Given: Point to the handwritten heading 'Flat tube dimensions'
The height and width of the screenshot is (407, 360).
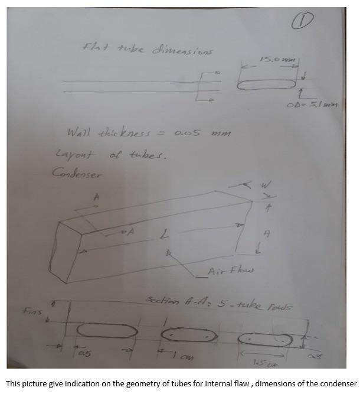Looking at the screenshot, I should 148,50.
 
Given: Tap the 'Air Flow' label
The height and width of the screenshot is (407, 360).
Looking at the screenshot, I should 230,271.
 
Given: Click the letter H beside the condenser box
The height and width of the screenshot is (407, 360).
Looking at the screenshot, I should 266,234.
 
